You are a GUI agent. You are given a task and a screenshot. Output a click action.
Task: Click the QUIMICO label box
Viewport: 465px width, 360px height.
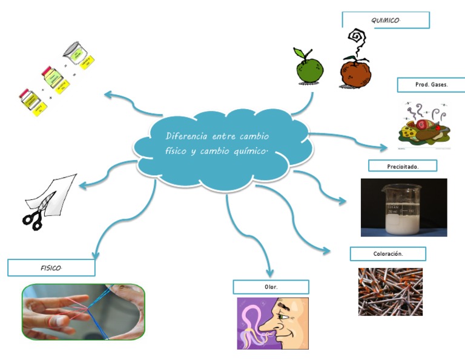[x=386, y=20]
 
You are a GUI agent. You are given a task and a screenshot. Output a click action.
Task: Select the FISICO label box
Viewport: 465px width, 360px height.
[x=51, y=267]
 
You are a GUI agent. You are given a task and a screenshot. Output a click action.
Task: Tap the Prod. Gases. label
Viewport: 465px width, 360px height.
[x=431, y=85]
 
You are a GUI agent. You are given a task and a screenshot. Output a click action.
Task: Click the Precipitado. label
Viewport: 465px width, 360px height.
[x=402, y=166]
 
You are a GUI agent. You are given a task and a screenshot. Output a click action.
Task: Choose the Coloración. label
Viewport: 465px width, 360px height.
[x=387, y=254]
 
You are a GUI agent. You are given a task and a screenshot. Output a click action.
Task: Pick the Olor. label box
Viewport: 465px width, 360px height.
[x=271, y=287]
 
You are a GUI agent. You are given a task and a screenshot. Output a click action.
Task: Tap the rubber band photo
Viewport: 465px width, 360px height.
[x=84, y=312]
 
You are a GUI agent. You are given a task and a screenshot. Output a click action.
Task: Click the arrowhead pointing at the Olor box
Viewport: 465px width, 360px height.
[x=270, y=272]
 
